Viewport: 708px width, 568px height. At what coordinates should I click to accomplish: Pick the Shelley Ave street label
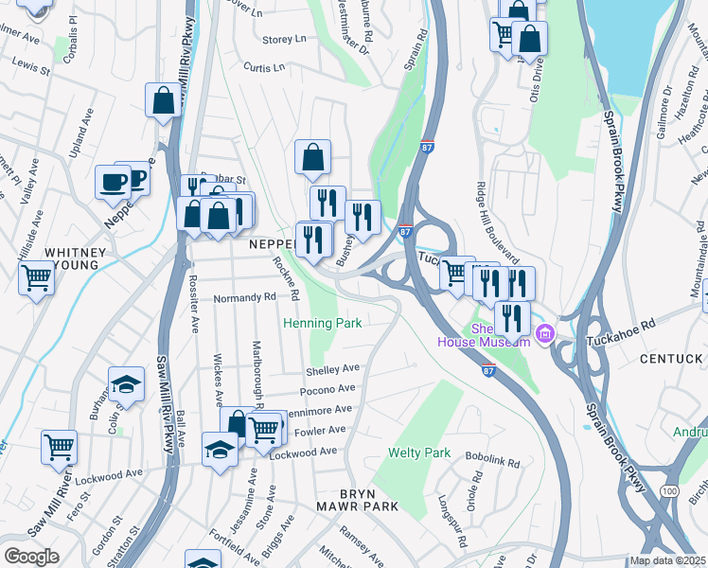(332, 369)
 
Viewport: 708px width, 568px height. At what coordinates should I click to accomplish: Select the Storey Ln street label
(285, 40)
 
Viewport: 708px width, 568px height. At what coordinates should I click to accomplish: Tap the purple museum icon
(544, 333)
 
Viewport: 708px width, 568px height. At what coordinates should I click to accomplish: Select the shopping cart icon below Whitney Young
(36, 277)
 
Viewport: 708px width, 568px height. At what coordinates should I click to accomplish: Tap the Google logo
(32, 557)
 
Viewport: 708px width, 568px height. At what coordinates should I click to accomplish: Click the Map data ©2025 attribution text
(668, 560)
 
